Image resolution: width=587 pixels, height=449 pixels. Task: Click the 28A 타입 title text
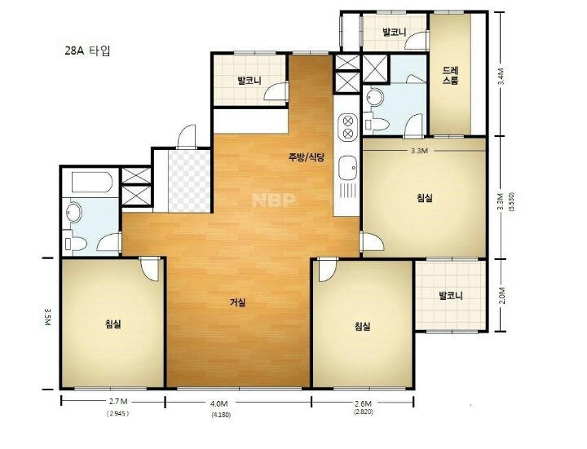point(87,51)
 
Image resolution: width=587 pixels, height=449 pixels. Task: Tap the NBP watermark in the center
point(274,200)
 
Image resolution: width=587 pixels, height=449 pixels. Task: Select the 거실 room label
point(238,302)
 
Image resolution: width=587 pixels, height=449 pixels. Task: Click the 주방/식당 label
point(306,157)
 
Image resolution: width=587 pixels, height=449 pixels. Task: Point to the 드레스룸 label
point(450,75)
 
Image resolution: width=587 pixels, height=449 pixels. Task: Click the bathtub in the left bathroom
point(91,183)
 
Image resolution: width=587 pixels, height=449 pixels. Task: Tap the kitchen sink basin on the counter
point(347,168)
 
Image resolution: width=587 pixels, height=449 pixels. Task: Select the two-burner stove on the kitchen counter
point(348,127)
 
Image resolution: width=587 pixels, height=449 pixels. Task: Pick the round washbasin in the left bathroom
point(73,212)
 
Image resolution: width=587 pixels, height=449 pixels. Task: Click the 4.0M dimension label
point(219,403)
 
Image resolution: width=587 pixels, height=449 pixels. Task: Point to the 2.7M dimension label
point(118,402)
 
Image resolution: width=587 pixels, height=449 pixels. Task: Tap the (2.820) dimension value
point(363,412)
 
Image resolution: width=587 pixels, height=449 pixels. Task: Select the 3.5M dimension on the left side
point(47,317)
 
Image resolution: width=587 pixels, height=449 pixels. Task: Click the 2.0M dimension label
point(502,296)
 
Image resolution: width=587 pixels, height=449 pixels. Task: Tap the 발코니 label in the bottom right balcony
point(451,296)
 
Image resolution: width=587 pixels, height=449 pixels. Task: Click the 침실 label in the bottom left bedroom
point(113,324)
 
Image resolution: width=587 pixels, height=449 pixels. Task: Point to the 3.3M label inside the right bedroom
point(419,152)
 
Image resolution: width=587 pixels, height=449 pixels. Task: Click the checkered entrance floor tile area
point(189,181)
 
